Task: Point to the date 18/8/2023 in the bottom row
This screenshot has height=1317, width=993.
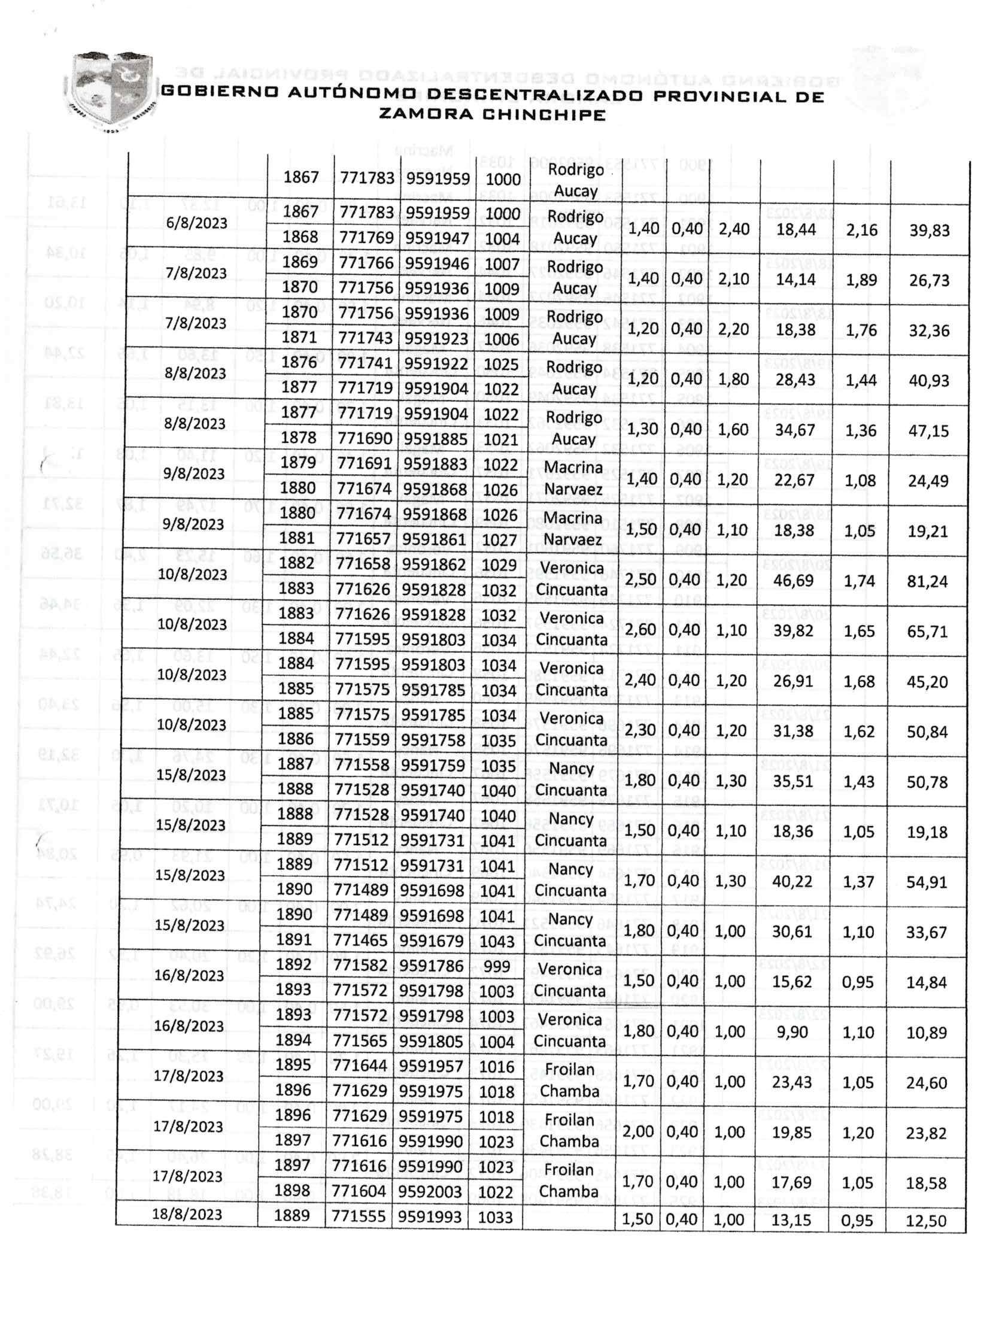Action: (187, 1215)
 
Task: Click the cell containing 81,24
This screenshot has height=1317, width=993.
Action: (927, 581)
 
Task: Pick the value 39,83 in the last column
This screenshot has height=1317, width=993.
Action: (929, 230)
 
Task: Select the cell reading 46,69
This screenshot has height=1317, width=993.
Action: (793, 581)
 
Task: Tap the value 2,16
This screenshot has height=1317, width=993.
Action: (861, 230)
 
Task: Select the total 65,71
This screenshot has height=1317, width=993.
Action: (927, 632)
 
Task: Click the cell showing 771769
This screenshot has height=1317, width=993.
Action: (367, 238)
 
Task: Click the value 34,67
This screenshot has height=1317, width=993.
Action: (795, 430)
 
